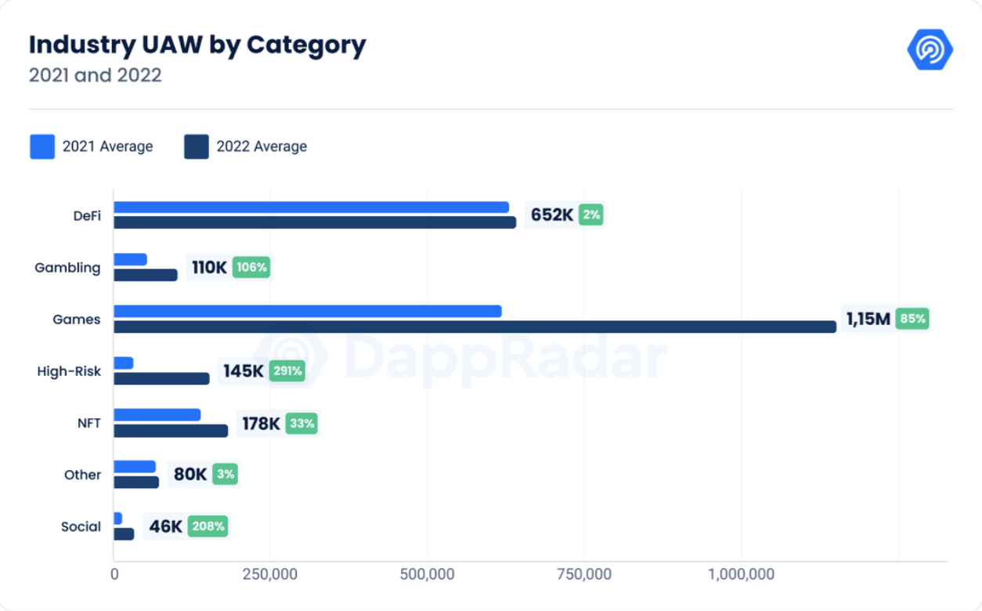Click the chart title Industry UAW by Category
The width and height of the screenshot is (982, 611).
point(197,45)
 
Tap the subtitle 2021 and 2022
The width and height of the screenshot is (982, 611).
point(95,76)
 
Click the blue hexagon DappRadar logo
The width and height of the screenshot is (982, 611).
point(930,49)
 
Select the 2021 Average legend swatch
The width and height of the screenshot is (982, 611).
point(42,146)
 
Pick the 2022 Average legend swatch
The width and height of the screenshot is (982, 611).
point(197,146)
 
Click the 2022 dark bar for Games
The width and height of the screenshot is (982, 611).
point(475,327)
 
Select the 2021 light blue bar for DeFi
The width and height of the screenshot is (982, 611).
point(311,208)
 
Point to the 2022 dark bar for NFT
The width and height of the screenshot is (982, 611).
point(171,431)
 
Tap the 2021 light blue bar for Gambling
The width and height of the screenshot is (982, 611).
point(130,259)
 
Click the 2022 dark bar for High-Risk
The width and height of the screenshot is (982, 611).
point(161,378)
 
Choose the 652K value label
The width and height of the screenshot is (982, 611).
point(552,215)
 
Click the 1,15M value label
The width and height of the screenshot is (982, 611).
point(868,319)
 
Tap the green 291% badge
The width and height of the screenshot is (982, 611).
point(287,371)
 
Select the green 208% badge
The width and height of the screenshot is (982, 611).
point(208,526)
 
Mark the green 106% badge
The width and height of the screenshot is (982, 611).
point(251,267)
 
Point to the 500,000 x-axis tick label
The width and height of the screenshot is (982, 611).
point(428,574)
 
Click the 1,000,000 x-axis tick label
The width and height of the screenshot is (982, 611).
point(741,574)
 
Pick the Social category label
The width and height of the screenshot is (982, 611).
point(81,526)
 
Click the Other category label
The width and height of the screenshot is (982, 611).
point(82,475)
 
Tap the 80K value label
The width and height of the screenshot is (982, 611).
point(190,475)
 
